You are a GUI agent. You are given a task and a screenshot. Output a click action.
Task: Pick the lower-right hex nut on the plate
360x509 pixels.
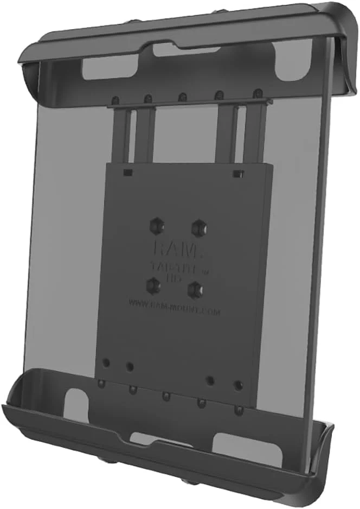click(194, 290)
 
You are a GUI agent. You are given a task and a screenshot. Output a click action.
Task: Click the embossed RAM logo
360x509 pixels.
click(173, 251)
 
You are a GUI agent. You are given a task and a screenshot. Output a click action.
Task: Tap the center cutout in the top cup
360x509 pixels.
click(178, 48)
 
